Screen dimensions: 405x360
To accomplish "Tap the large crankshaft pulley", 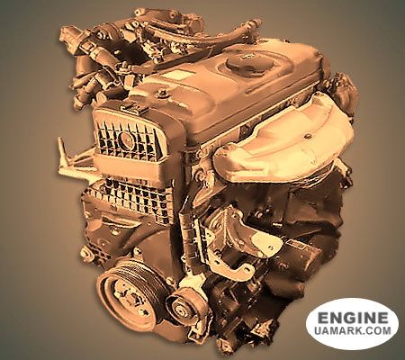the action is (129, 294).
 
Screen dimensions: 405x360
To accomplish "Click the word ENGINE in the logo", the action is (353, 318).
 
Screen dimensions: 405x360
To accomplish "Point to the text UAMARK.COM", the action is (353, 331).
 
